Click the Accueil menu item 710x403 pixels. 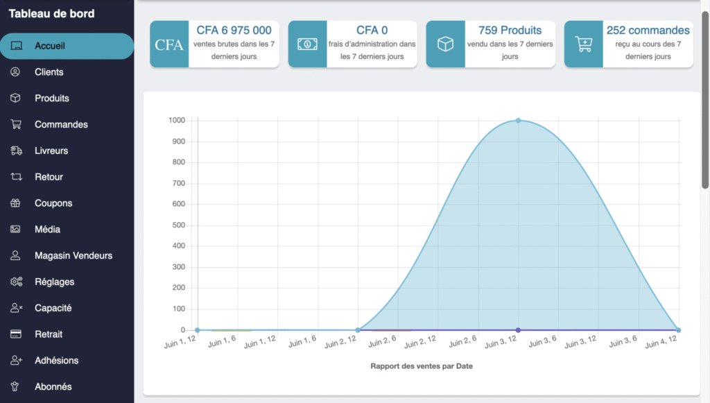(50, 46)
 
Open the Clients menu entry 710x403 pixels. (49, 72)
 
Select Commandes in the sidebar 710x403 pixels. (61, 125)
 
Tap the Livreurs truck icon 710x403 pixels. (16, 151)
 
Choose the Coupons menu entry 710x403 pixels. (53, 203)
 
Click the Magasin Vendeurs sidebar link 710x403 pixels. (73, 256)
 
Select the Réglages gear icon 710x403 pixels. (16, 282)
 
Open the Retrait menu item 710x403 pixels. (49, 334)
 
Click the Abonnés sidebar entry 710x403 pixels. (53, 386)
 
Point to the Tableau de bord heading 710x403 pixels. (51, 14)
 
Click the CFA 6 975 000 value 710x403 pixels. (234, 31)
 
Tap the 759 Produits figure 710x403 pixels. (510, 31)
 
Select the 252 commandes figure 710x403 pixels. (648, 31)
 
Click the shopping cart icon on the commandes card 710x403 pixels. (583, 44)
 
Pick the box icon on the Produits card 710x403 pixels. (445, 44)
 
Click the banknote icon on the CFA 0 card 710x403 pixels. (307, 44)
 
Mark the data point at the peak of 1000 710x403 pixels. (518, 121)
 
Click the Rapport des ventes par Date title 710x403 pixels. (421, 366)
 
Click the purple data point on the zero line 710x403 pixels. (518, 330)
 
